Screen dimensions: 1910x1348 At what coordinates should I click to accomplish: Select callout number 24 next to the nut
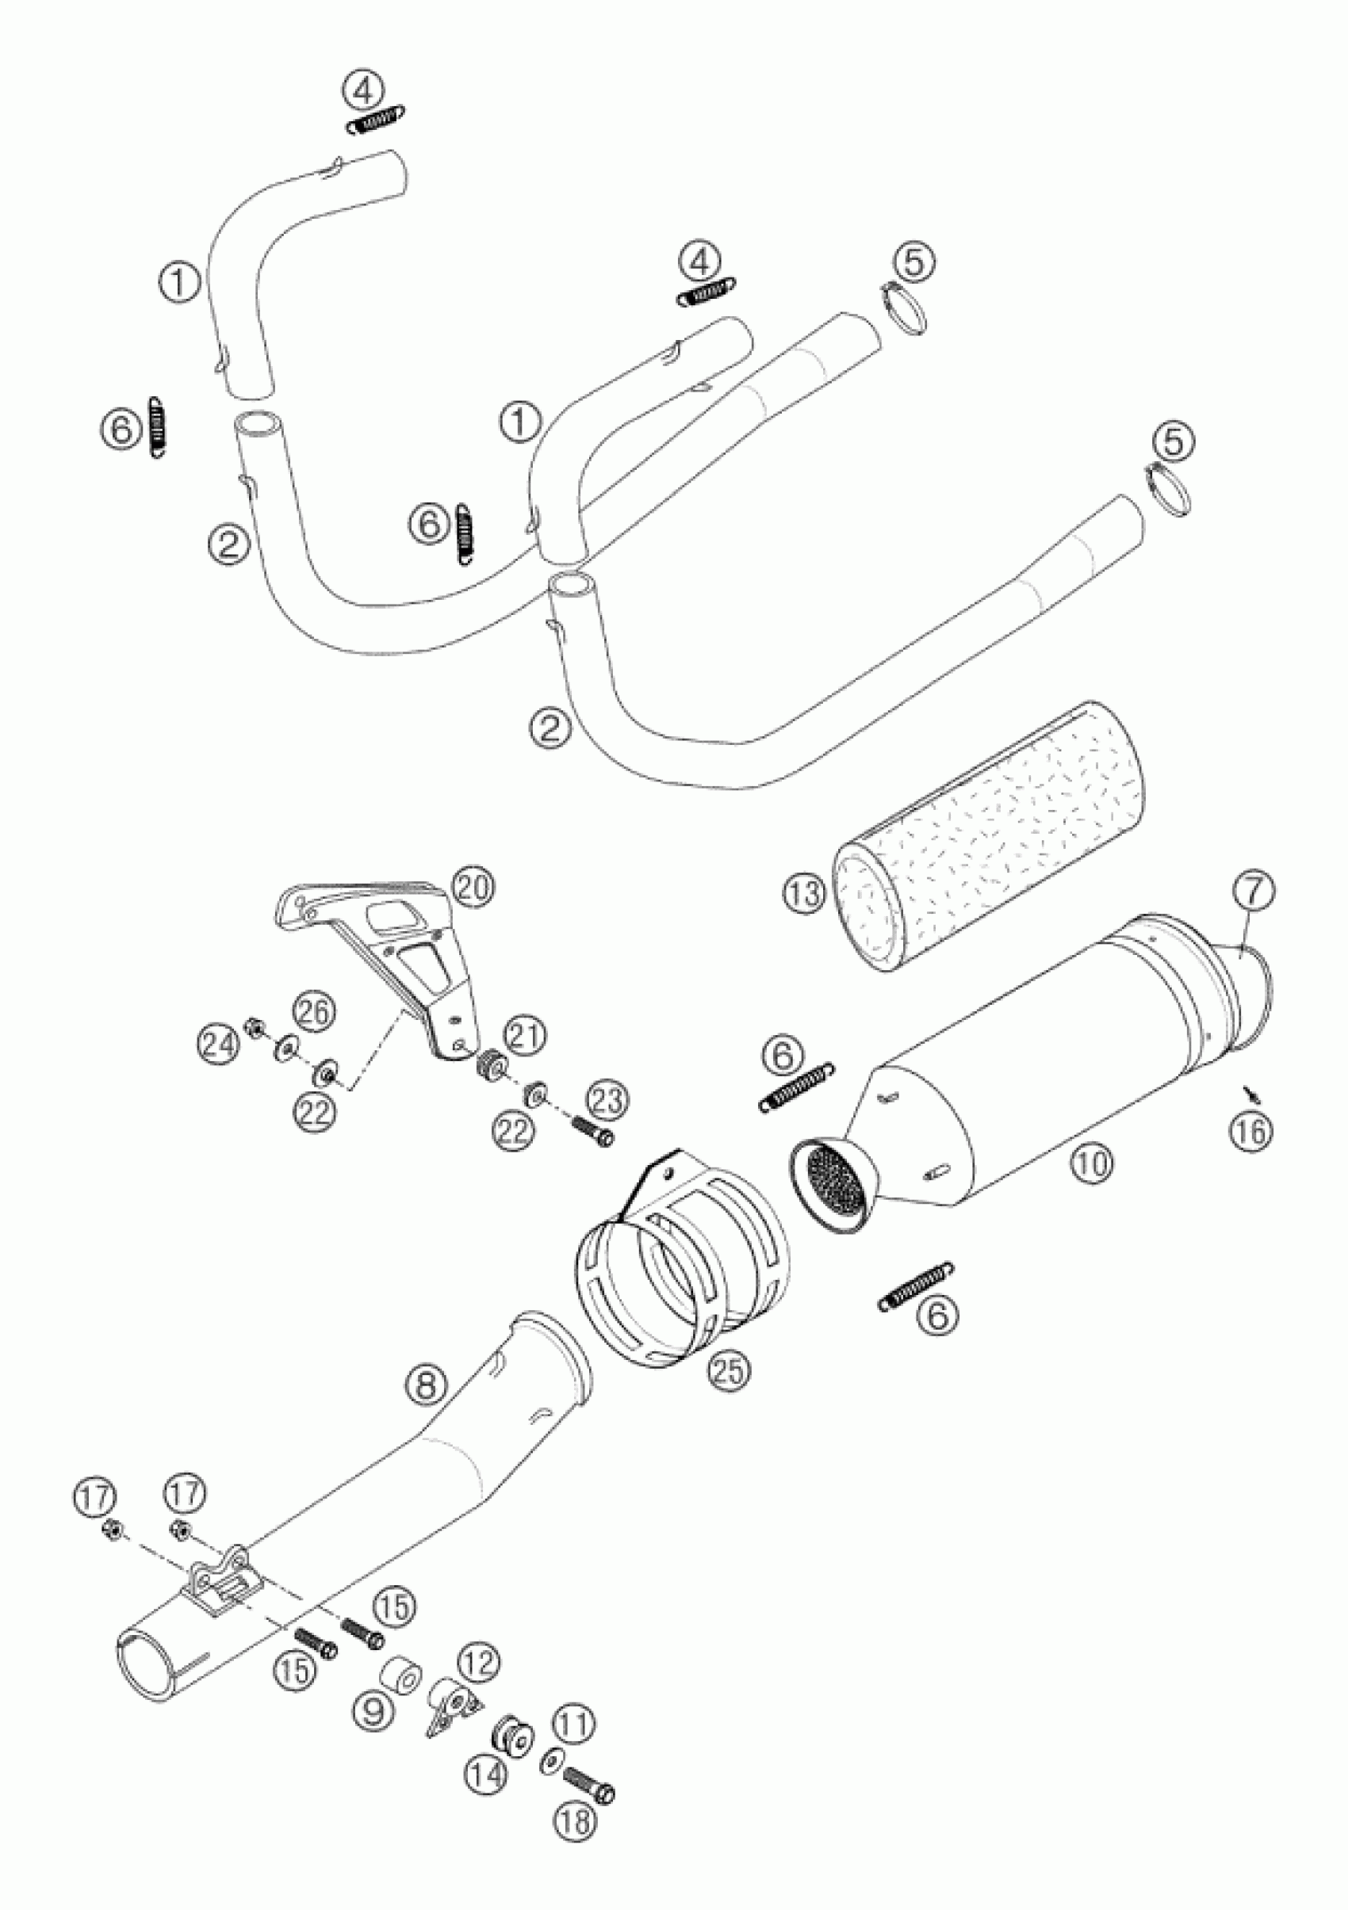[x=218, y=1043]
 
